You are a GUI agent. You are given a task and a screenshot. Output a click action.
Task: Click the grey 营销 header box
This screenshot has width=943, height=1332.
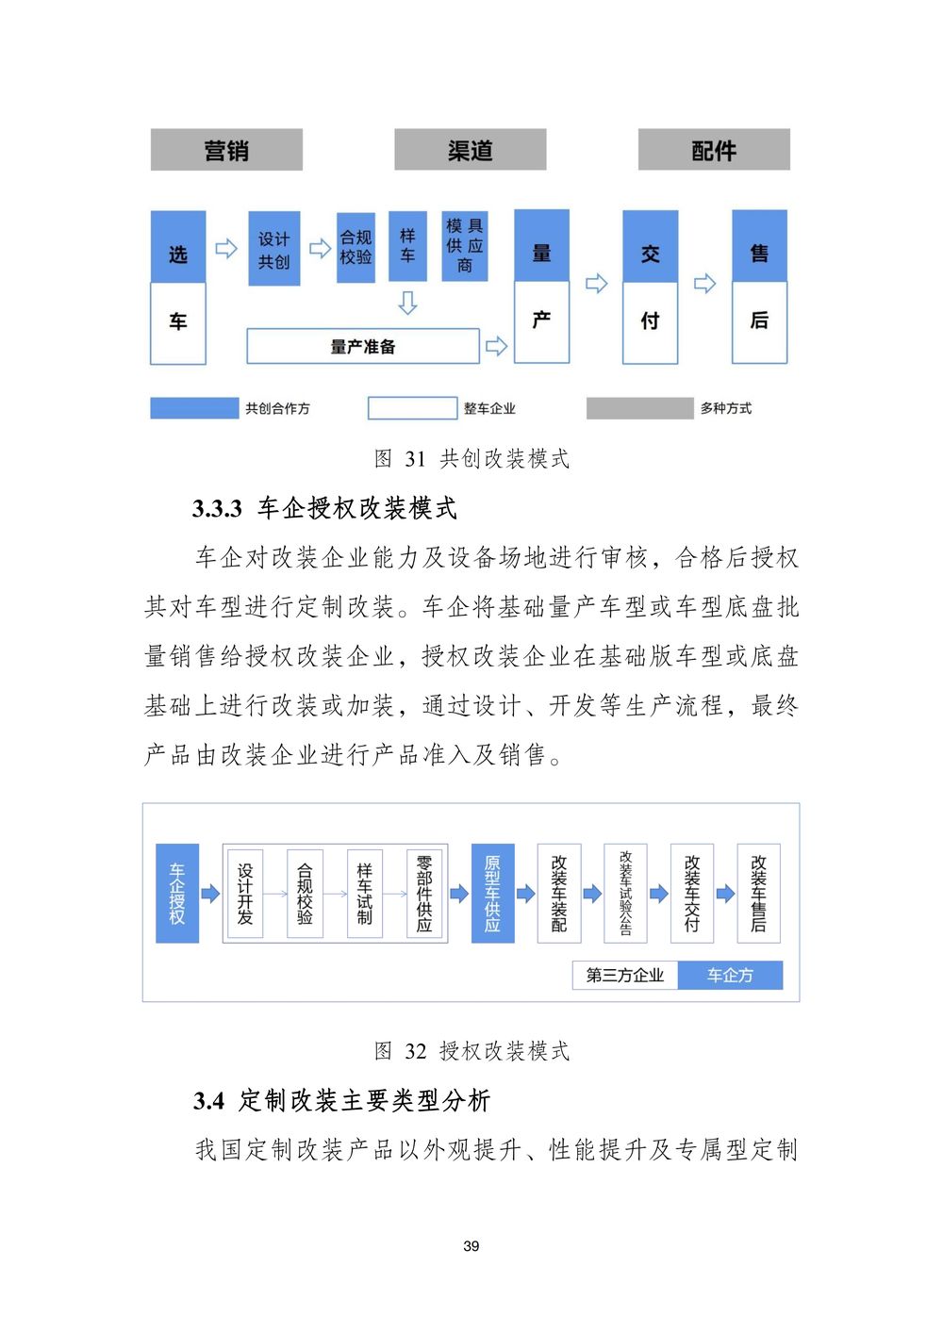(226, 149)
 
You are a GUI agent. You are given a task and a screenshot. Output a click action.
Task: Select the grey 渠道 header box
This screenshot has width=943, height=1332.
(470, 149)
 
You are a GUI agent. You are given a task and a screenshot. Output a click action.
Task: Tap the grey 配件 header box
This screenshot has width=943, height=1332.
(714, 149)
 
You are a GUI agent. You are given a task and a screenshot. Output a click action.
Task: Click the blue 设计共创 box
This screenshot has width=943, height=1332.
(273, 249)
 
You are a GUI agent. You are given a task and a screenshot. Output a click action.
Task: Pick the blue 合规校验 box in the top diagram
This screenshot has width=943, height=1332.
(356, 247)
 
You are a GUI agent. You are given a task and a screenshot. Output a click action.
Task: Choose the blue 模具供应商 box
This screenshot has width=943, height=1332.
(465, 246)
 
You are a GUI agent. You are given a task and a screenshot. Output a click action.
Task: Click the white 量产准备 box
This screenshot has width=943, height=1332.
(363, 346)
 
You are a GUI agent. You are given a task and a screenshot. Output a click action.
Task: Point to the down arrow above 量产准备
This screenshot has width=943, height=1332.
(407, 302)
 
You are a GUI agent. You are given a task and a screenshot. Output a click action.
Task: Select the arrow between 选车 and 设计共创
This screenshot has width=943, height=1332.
(226, 249)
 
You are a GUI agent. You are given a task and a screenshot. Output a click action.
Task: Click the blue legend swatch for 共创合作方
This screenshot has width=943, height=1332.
(194, 408)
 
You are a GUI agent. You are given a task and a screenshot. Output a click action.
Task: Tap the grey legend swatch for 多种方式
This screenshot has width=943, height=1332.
(639, 408)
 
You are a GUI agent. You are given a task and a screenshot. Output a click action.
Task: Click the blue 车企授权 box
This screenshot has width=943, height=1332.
(177, 893)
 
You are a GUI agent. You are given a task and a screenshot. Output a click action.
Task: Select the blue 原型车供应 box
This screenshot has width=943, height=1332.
(492, 893)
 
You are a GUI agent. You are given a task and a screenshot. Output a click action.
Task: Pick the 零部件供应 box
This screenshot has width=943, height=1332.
(424, 893)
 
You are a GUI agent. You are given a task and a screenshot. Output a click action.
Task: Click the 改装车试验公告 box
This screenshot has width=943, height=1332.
(625, 893)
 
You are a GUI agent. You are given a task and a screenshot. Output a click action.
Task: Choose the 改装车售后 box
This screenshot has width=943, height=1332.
(758, 893)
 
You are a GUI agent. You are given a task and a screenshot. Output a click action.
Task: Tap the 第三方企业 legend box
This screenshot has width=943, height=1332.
(624, 976)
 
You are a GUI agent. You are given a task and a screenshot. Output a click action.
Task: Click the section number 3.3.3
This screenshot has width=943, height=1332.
(217, 509)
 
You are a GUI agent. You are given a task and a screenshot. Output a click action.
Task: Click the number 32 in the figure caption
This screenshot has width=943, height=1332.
(416, 1052)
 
